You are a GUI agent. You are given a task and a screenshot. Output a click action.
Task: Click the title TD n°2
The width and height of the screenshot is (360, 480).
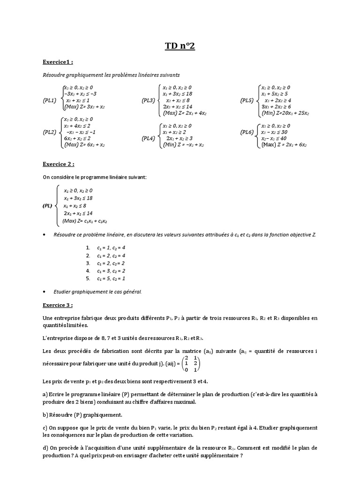pyautogui.click(x=180, y=45)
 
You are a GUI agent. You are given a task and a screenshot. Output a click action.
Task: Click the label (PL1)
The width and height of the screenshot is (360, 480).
pyautogui.click(x=50, y=100)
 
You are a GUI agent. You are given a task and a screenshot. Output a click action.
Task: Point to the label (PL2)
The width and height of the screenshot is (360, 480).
pyautogui.click(x=50, y=132)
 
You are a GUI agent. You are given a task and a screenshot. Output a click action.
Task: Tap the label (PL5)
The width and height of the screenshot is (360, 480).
pyautogui.click(x=247, y=100)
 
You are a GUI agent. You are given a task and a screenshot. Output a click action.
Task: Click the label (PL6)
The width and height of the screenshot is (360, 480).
pyautogui.click(x=247, y=132)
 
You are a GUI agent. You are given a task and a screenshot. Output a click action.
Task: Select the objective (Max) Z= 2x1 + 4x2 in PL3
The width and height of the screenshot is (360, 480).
pyautogui.click(x=186, y=113)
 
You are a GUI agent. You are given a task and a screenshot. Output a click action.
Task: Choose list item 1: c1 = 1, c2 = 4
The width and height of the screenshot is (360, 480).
pyautogui.click(x=111, y=247)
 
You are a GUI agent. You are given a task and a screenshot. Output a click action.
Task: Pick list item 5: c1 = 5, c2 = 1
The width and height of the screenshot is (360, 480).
pyautogui.click(x=111, y=279)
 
